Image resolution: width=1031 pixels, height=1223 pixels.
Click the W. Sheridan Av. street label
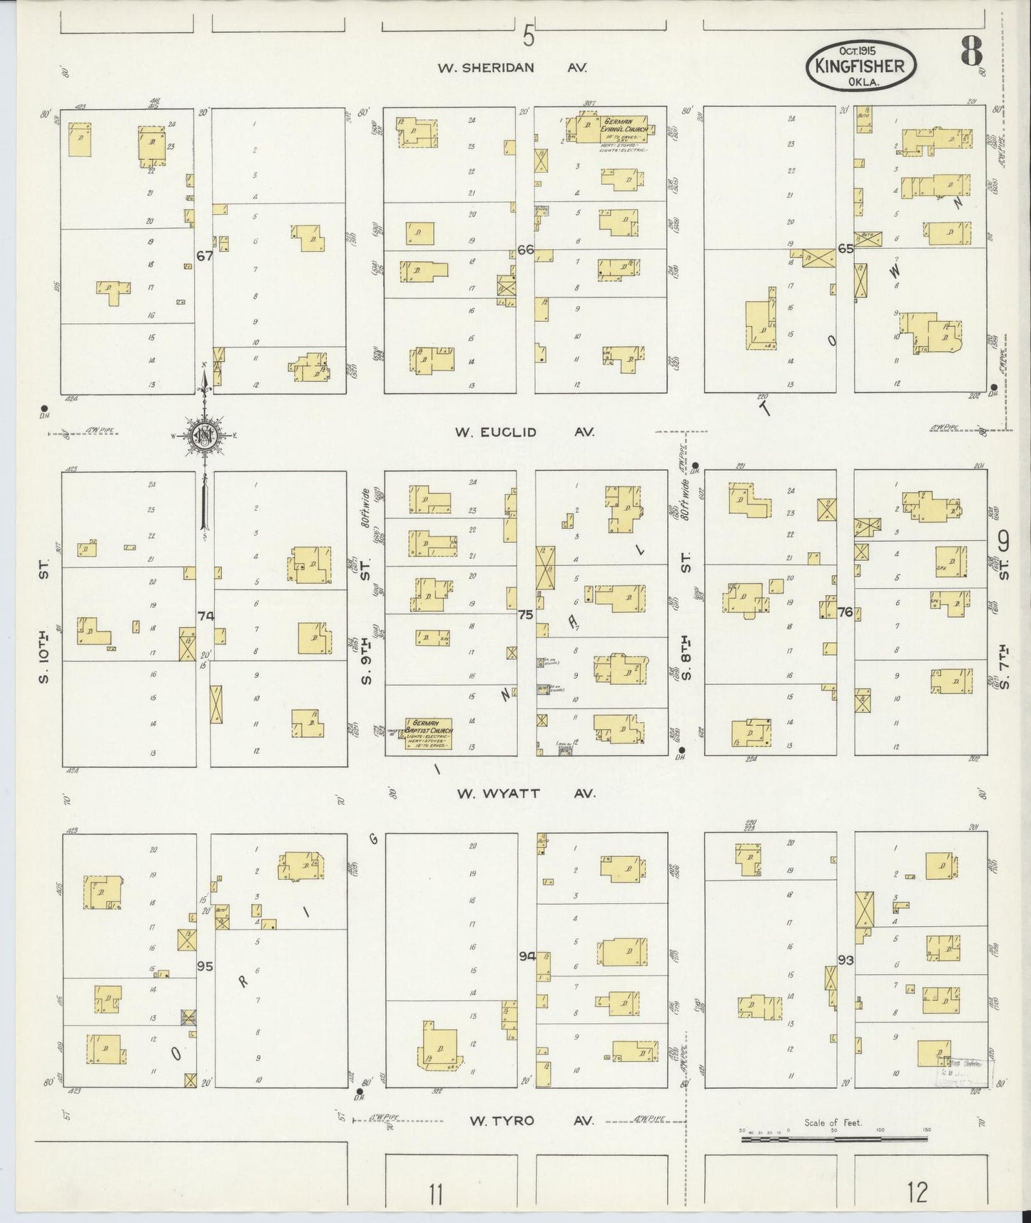tap(512, 68)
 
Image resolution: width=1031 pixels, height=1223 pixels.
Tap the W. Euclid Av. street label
tap(525, 432)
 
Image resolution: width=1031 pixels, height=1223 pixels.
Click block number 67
tap(205, 255)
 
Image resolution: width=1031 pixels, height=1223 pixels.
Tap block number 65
tap(846, 249)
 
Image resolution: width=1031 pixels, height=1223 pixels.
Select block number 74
tap(206, 615)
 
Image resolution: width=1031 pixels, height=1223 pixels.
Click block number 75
tap(526, 613)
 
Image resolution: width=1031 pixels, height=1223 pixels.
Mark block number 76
tap(846, 612)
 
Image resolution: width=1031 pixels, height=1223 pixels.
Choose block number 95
tap(205, 967)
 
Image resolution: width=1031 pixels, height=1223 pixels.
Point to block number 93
tap(846, 960)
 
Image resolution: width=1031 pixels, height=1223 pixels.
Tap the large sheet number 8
tap(971, 51)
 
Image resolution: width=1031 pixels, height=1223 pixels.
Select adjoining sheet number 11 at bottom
tap(437, 1192)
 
